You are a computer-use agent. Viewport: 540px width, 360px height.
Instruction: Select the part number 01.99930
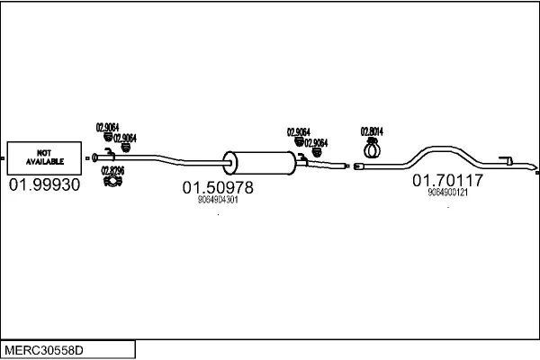[x=44, y=185]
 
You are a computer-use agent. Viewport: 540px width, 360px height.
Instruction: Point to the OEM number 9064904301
[x=217, y=201]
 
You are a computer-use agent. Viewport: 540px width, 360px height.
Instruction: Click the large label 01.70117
[x=448, y=181]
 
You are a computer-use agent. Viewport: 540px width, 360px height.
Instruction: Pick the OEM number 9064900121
[x=447, y=193]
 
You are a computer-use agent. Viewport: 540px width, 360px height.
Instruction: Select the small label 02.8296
[x=112, y=170]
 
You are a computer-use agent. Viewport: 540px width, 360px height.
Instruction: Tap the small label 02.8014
[x=372, y=130]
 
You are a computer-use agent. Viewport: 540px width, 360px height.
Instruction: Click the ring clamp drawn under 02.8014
[x=372, y=145]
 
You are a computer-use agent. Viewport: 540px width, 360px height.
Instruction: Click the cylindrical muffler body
[x=260, y=163]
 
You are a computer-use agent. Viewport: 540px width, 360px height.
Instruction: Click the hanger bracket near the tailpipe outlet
[x=507, y=162]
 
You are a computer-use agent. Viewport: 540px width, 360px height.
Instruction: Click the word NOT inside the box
[x=42, y=153]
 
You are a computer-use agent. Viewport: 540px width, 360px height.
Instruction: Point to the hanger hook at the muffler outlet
[x=302, y=159]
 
